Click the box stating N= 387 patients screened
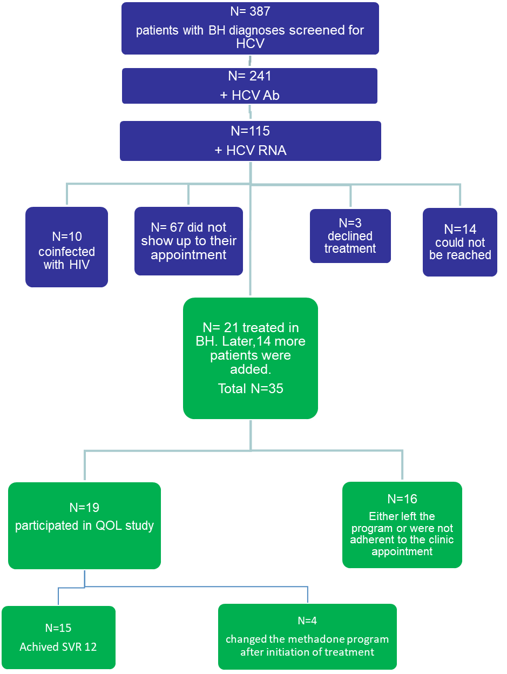click(x=250, y=29)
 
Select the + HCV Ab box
click(x=249, y=85)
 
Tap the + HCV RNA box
click(x=250, y=141)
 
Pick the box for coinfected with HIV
click(x=66, y=247)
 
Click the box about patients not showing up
click(x=188, y=241)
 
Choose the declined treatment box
click(x=350, y=236)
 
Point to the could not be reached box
click(x=460, y=242)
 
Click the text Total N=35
click(x=251, y=388)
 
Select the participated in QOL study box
click(x=84, y=525)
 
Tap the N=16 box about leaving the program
click(x=402, y=525)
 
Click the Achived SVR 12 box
click(x=58, y=637)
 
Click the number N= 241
click(x=249, y=77)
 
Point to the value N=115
click(x=250, y=131)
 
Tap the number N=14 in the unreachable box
click(x=460, y=230)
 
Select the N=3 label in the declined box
click(x=350, y=223)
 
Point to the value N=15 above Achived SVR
click(x=58, y=628)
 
